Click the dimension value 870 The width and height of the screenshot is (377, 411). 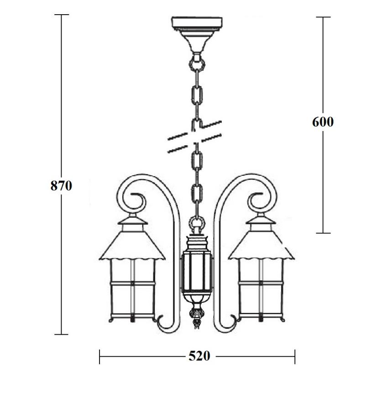click(61, 186)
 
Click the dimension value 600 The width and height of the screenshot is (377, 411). click(323, 122)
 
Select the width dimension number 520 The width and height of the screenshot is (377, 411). click(199, 356)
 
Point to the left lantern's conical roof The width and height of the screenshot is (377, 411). click(132, 245)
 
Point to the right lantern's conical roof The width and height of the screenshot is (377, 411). click(261, 245)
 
